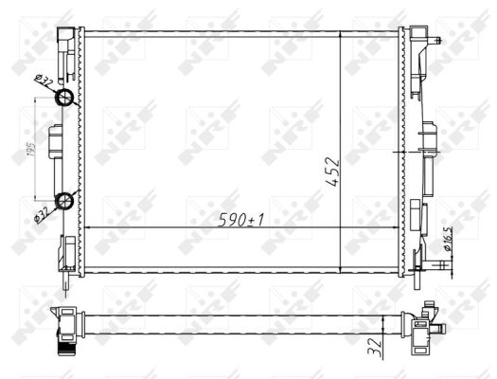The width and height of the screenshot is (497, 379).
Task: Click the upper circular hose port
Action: [65, 99]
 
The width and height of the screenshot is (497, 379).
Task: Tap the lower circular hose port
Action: [65, 199]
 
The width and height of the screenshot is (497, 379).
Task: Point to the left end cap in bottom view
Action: [66, 327]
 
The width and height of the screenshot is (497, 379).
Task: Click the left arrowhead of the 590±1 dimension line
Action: [88, 229]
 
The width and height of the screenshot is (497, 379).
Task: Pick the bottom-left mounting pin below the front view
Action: [67, 279]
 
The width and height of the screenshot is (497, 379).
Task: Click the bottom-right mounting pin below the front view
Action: [415, 276]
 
